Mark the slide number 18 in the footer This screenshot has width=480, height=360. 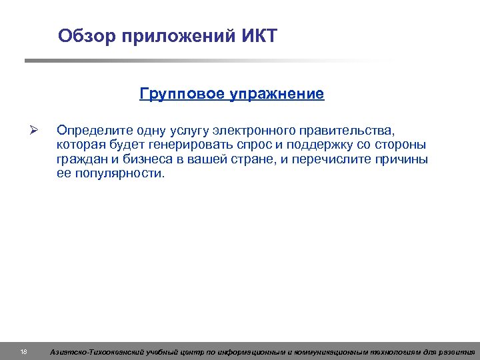pyautogui.click(x=23, y=351)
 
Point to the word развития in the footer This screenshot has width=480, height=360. pyautogui.click(x=458, y=351)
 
